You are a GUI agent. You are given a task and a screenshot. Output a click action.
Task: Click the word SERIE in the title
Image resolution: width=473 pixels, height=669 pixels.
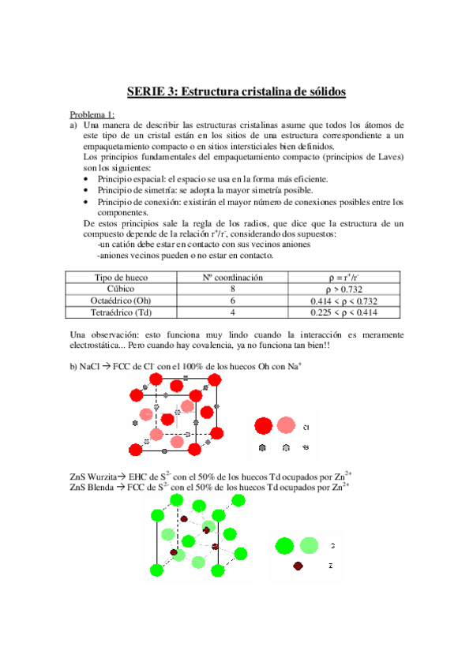pyautogui.click(x=147, y=92)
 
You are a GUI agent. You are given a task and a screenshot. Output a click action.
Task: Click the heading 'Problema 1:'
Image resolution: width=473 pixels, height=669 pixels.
pyautogui.click(x=92, y=114)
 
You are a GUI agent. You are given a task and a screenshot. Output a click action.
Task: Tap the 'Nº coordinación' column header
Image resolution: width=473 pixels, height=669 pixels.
pyautogui.click(x=234, y=277)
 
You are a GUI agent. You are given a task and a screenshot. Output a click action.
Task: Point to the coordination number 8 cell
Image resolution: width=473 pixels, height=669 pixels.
pyautogui.click(x=233, y=289)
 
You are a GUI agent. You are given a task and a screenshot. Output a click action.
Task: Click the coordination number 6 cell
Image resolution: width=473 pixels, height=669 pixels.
pyautogui.click(x=233, y=301)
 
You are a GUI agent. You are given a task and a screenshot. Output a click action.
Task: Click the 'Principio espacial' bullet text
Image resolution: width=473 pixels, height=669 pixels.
pyautogui.click(x=130, y=180)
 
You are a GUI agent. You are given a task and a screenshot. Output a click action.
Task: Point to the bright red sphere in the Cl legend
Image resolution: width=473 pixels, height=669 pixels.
pyautogui.click(x=264, y=427)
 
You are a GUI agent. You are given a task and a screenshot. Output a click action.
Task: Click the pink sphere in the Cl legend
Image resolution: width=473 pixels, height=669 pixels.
pyautogui.click(x=286, y=427)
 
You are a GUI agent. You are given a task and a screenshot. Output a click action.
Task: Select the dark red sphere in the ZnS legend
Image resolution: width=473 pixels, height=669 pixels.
pyautogui.click(x=298, y=566)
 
